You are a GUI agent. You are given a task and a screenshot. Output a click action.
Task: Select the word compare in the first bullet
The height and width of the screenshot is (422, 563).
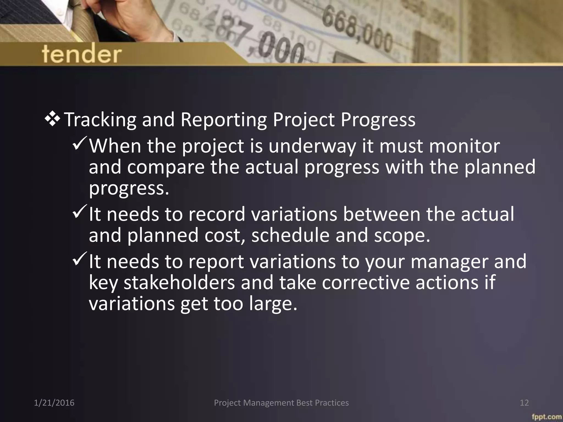[x=166, y=167]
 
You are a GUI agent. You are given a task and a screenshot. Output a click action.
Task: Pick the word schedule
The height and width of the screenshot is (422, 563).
[x=290, y=236]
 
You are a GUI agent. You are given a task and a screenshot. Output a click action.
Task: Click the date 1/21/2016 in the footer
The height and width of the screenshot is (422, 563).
[x=54, y=403]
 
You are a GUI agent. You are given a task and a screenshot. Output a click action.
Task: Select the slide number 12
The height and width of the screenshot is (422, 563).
[x=524, y=403]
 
